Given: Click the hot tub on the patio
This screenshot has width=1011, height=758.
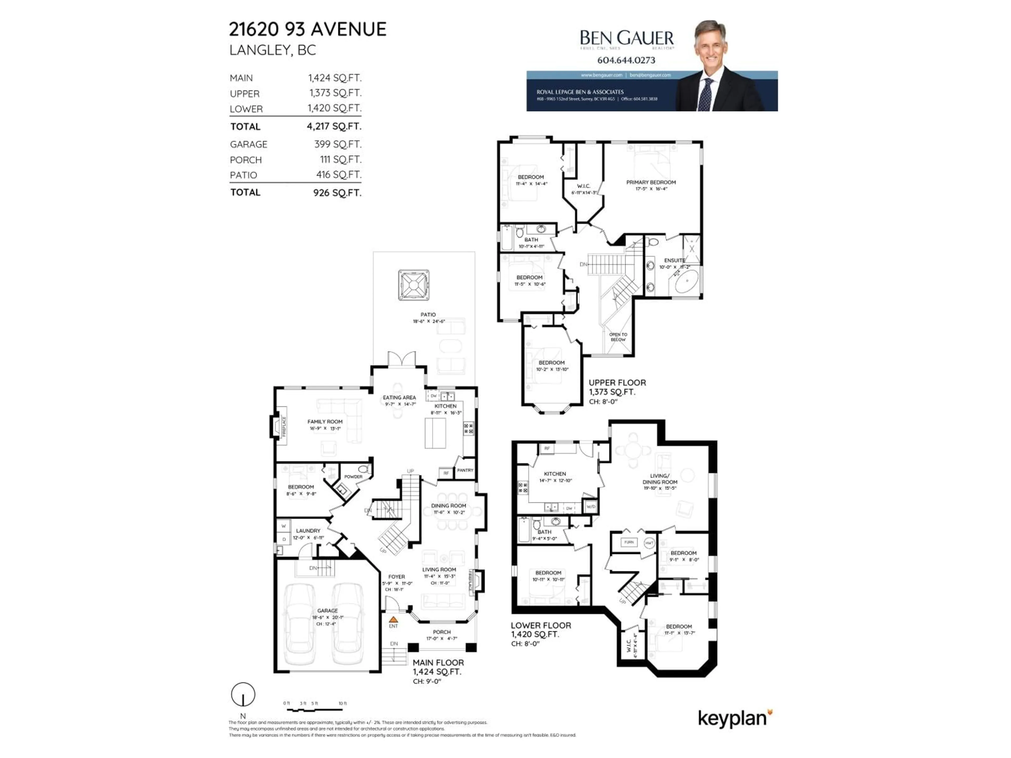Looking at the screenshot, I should pos(414,285).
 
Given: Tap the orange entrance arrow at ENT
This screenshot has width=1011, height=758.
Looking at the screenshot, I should pos(393,620).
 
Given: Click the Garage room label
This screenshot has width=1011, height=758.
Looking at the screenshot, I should pos(327,610).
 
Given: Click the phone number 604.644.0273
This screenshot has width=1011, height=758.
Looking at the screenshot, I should pos(626,60).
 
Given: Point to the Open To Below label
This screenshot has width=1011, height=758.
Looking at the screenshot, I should pos(618,337).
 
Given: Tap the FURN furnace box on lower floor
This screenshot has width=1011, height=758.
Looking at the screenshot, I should pos(629,542).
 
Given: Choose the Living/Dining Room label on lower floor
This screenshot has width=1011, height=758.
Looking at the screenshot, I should pos(660,479).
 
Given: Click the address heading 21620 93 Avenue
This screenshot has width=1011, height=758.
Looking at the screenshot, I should pos(307,29).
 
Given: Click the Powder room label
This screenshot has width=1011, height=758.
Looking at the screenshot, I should pos(353,477).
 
